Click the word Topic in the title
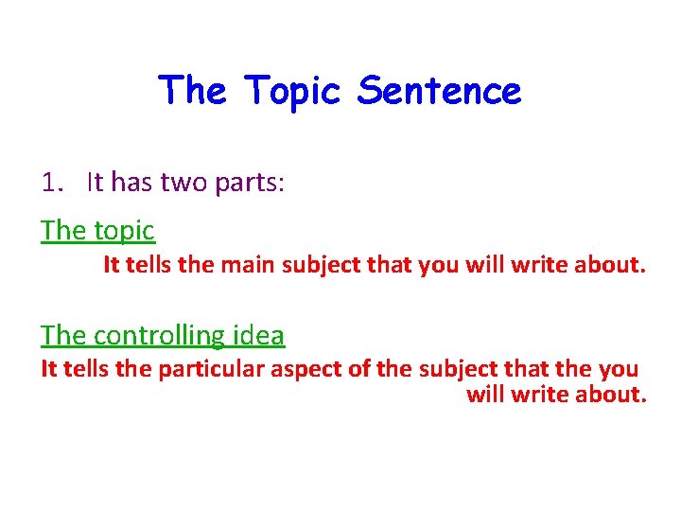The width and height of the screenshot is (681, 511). pos(294,92)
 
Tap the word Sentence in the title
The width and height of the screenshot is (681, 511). pos(440,92)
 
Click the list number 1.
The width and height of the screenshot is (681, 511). pos(52,182)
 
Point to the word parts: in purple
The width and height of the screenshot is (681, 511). pos(249,183)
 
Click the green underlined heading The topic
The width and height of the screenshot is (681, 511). pos(97,230)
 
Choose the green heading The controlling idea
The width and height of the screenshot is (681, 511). pos(162,335)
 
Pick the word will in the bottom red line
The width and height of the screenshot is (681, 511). pos(485,394)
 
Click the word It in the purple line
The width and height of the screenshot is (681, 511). pos(95,182)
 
